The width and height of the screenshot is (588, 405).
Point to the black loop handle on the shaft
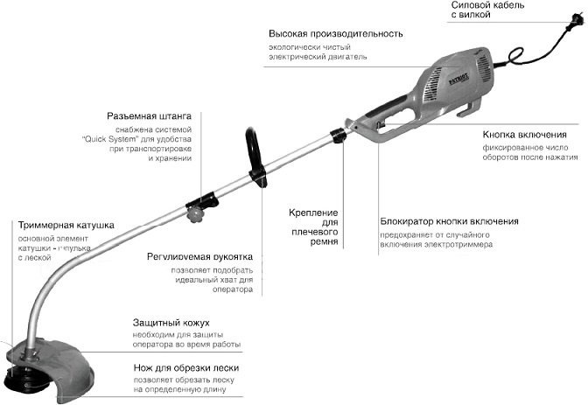click(x=255, y=155)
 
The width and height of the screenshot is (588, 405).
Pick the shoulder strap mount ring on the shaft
click(x=335, y=136)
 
